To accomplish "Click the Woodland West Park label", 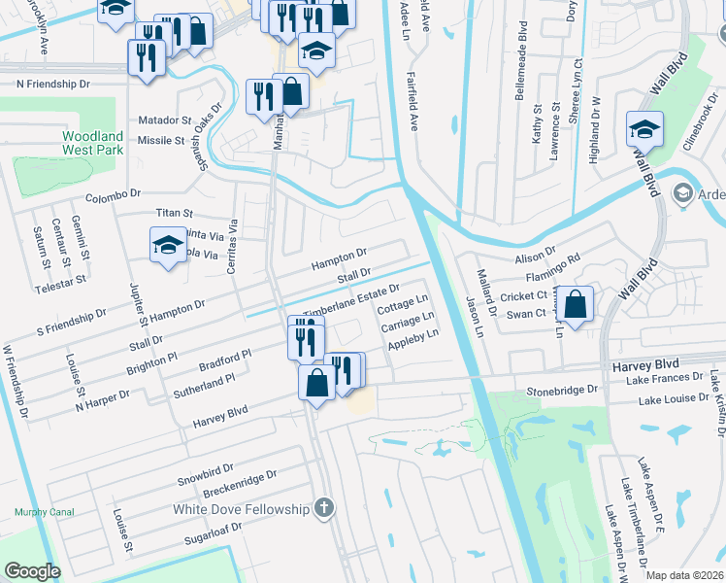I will [x=93, y=144].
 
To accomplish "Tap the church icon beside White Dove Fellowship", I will [x=324, y=508].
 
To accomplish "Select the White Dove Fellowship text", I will [x=241, y=509].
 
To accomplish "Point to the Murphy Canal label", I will [x=39, y=512].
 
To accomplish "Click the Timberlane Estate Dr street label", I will [x=351, y=300].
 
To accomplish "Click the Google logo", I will [x=32, y=570].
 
